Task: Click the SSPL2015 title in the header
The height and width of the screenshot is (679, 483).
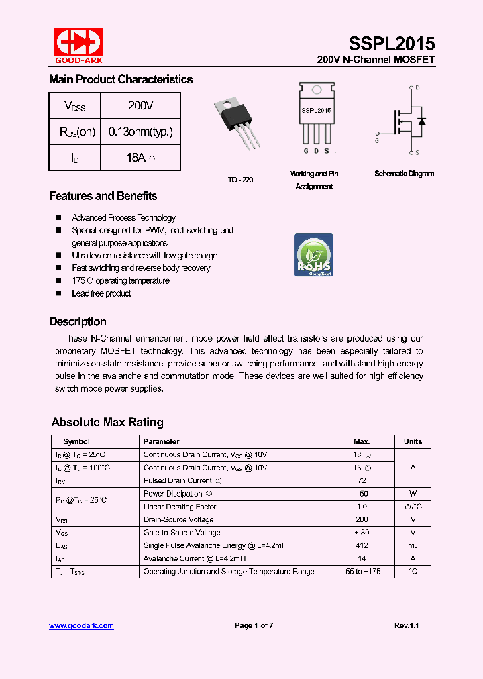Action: (391, 44)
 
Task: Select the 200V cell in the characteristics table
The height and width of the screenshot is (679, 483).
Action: (140, 105)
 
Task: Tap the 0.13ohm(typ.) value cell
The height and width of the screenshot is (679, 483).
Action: (140, 132)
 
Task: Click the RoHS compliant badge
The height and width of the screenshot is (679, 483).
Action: (314, 255)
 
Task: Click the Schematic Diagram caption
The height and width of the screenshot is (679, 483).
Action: (404, 174)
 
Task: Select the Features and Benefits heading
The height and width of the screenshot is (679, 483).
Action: (103, 196)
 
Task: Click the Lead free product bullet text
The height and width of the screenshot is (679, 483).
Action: (101, 293)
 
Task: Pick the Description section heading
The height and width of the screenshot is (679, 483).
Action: (77, 321)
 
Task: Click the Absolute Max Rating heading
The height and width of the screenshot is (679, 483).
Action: (107, 422)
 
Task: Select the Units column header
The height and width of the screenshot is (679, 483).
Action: (413, 441)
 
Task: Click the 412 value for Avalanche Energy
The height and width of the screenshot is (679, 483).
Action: (362, 545)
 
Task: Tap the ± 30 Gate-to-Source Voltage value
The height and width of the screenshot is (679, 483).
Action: (362, 533)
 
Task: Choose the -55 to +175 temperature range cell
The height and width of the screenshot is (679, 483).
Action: (362, 572)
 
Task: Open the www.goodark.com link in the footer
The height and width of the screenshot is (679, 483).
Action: (81, 625)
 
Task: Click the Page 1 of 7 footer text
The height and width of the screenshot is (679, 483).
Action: (254, 625)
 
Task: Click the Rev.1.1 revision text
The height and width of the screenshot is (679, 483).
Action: (406, 625)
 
